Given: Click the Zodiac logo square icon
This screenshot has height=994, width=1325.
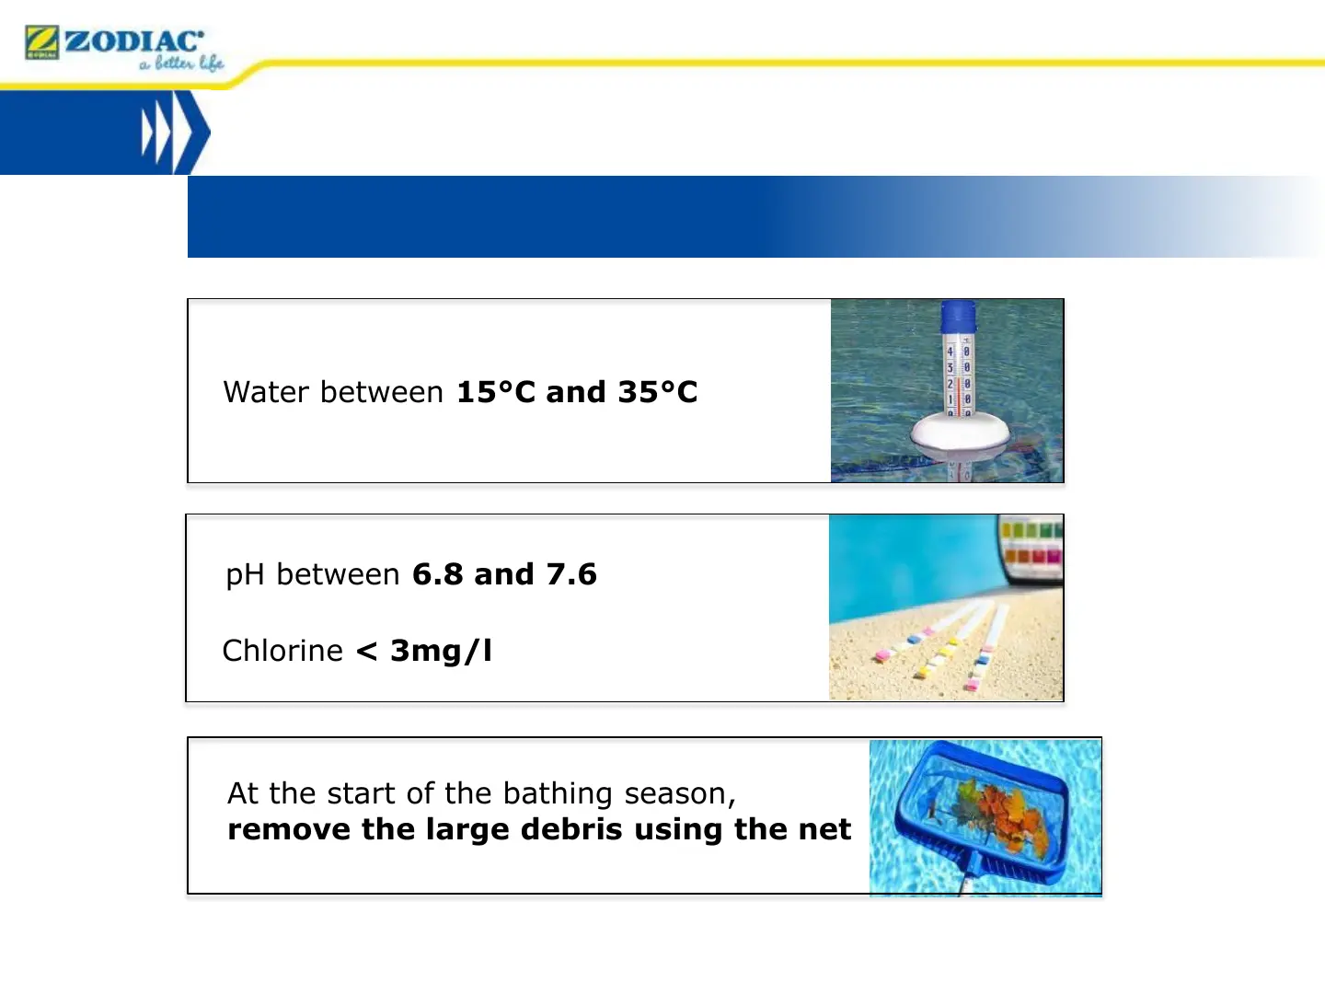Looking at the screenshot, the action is (x=41, y=42).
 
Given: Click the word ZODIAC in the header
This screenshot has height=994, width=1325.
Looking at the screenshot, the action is (x=134, y=41).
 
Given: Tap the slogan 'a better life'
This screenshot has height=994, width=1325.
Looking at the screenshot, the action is (x=181, y=63).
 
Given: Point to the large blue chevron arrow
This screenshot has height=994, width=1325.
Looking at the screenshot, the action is (x=191, y=133).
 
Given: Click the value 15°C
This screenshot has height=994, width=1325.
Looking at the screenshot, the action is (x=496, y=392).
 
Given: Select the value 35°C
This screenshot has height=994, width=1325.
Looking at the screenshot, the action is (x=657, y=392).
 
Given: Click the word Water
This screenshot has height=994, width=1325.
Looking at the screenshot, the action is (x=266, y=392).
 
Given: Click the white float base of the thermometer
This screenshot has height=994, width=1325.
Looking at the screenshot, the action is (x=959, y=433).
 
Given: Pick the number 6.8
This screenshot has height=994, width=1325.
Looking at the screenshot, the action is (x=437, y=574).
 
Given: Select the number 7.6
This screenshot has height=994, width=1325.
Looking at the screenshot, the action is (x=571, y=574).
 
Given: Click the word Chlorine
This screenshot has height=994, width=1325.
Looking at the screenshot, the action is (x=282, y=651).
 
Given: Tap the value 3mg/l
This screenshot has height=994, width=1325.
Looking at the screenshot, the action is (x=442, y=652).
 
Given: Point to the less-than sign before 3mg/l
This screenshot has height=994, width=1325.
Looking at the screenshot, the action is (x=367, y=652).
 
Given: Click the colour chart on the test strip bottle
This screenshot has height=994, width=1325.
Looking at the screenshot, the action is (x=1031, y=544).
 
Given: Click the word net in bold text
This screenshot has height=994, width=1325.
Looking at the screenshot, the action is (x=824, y=830).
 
